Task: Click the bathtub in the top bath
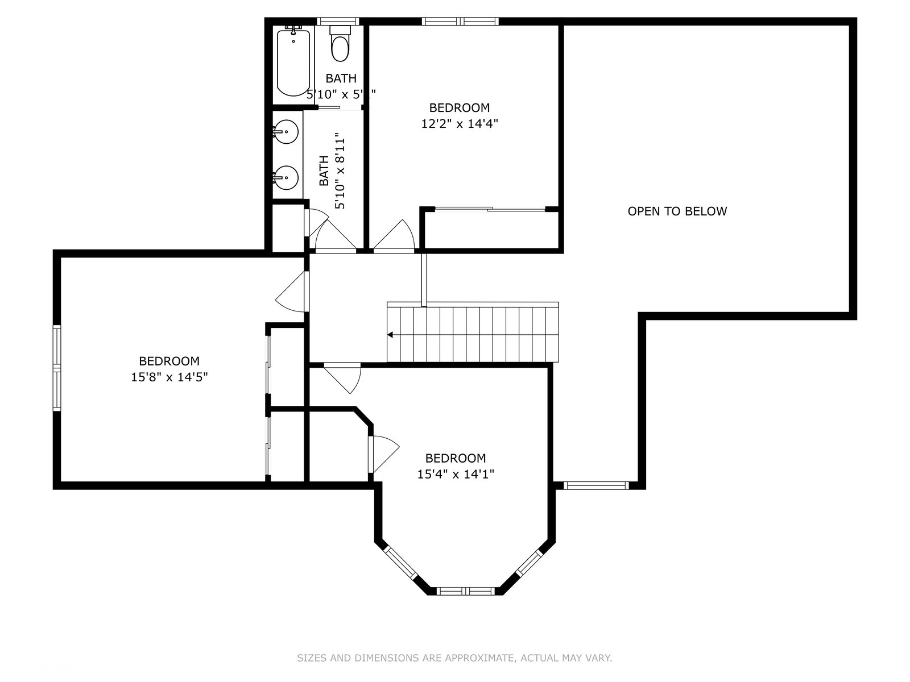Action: pyautogui.click(x=293, y=63)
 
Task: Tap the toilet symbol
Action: pyautogui.click(x=340, y=45)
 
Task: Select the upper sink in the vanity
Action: pyautogui.click(x=286, y=132)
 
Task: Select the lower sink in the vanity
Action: pyautogui.click(x=286, y=178)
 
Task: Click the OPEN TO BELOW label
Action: pyautogui.click(x=677, y=211)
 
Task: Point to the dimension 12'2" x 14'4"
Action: pyautogui.click(x=460, y=124)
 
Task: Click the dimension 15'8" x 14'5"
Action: pyautogui.click(x=169, y=377)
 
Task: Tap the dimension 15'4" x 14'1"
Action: pyautogui.click(x=456, y=474)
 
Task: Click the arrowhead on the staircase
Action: pyautogui.click(x=390, y=335)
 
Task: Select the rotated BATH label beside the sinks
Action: pyautogui.click(x=324, y=170)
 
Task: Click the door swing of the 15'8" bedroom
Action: pyautogui.click(x=293, y=293)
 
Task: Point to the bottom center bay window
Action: pyautogui.click(x=466, y=591)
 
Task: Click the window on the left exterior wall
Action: pyautogui.click(x=57, y=368)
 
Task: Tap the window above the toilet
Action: pyautogui.click(x=338, y=22)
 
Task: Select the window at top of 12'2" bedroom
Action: pyautogui.click(x=460, y=22)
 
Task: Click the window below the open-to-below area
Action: pyautogui.click(x=596, y=485)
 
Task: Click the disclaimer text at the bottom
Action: pyautogui.click(x=454, y=658)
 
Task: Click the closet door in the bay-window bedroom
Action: pyautogui.click(x=384, y=453)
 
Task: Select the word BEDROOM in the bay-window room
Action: pyautogui.click(x=456, y=458)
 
